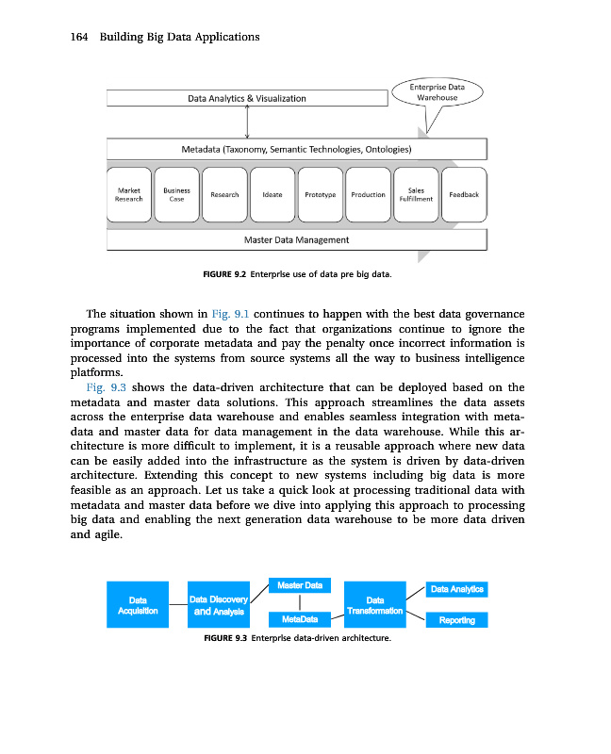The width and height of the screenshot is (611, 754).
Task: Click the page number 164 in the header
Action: tap(79, 37)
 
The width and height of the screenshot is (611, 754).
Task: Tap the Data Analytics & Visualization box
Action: tap(247, 98)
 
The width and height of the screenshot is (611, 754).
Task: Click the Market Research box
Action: tap(128, 194)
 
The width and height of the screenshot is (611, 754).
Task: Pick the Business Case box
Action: tap(176, 194)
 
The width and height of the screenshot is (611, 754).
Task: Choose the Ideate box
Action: tap(272, 194)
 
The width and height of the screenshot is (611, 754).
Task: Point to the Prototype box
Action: tap(321, 194)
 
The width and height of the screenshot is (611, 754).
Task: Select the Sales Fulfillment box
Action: tap(416, 194)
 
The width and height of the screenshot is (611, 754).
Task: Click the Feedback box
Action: tap(464, 194)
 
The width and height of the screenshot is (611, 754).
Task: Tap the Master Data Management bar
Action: tap(296, 240)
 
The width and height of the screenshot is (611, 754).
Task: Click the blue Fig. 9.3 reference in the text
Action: tap(105, 387)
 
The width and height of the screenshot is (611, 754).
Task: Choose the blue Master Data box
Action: tap(299, 585)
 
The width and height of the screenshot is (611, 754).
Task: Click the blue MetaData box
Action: tap(299, 619)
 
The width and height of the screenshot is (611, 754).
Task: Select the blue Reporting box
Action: tap(456, 620)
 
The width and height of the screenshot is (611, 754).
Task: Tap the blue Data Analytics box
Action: tap(456, 589)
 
